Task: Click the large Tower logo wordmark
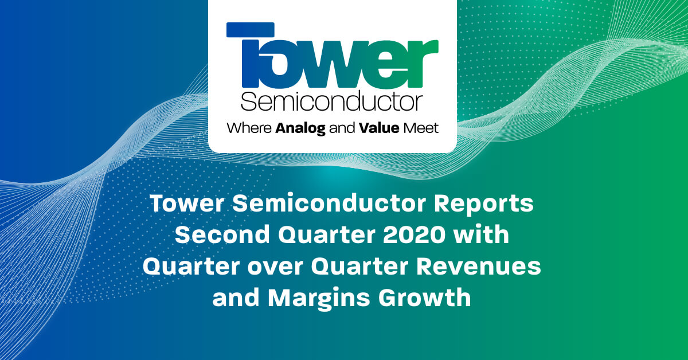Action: [333, 57]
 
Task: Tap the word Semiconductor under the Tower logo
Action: [332, 102]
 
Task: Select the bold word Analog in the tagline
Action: [300, 128]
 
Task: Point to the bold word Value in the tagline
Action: [379, 128]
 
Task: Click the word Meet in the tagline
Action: [421, 128]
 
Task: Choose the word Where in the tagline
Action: [249, 128]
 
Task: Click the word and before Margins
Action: [236, 298]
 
